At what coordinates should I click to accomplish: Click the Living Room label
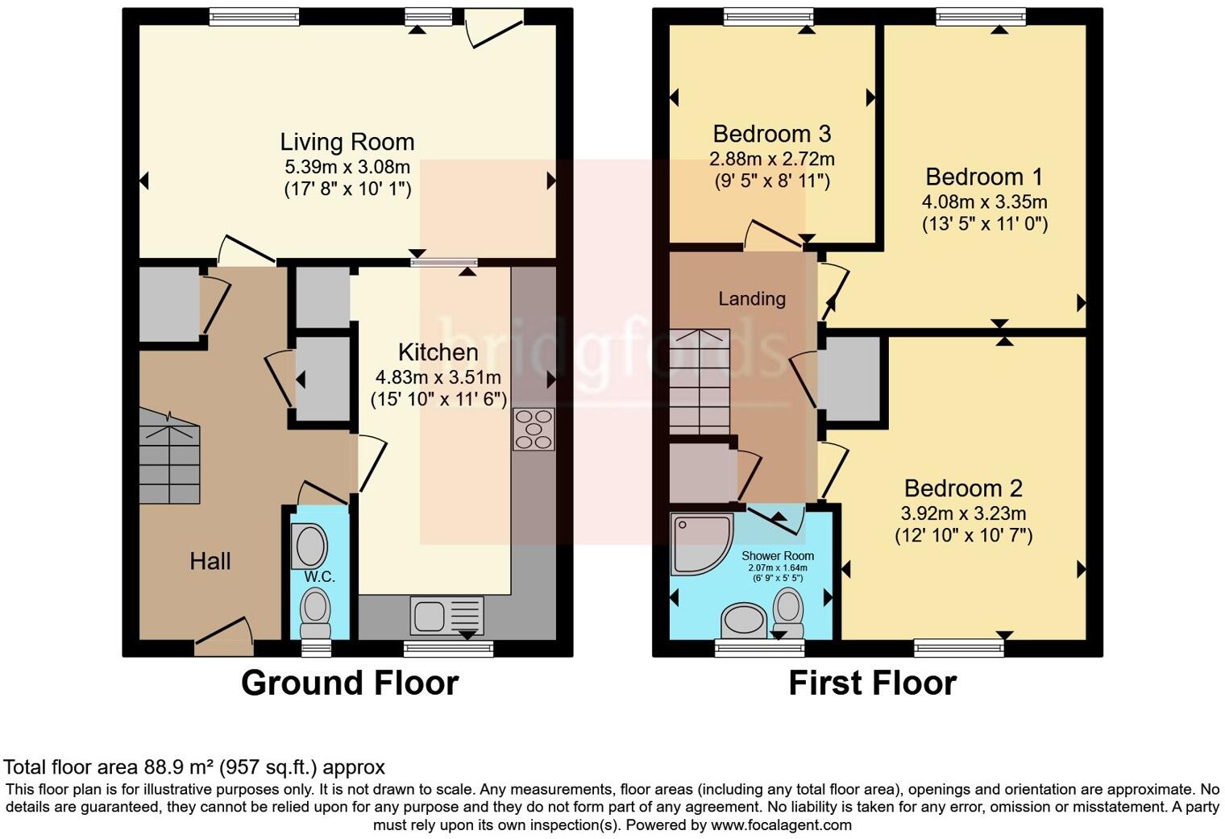(x=347, y=142)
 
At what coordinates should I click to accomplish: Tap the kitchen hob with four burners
(x=534, y=430)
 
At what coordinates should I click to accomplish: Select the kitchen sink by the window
(x=446, y=616)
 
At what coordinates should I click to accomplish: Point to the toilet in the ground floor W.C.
(x=316, y=613)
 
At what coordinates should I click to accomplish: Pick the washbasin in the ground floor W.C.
(x=309, y=546)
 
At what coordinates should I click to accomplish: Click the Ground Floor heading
(x=350, y=683)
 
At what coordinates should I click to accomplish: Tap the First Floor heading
(x=873, y=683)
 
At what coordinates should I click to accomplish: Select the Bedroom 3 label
(x=771, y=134)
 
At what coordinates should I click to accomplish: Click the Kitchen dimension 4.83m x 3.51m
(x=438, y=377)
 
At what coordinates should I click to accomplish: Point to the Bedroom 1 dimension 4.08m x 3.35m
(x=984, y=201)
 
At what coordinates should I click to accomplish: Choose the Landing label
(x=752, y=299)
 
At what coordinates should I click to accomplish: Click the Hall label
(x=210, y=561)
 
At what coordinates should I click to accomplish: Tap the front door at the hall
(x=224, y=637)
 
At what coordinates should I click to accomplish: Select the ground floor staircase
(x=169, y=456)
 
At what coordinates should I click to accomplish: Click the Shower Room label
(x=778, y=555)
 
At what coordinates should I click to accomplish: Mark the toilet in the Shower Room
(x=788, y=613)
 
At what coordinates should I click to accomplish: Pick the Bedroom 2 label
(x=963, y=488)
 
